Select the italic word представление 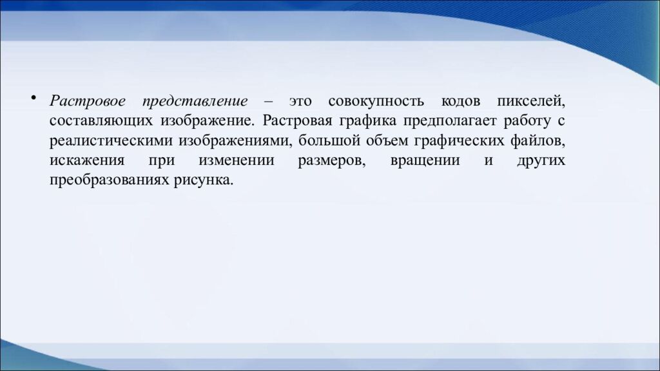(x=196, y=102)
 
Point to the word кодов (x=460, y=102)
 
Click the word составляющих (x=101, y=122)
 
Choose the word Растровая (x=296, y=122)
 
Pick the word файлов (x=539, y=141)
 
